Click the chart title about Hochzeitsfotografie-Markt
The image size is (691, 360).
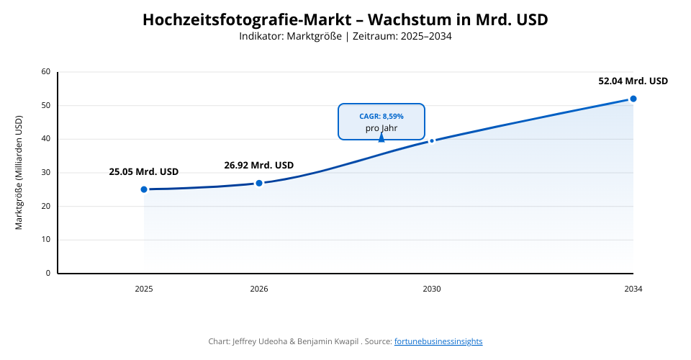pyautogui.click(x=345, y=19)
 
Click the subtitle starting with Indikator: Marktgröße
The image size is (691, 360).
pyautogui.click(x=345, y=36)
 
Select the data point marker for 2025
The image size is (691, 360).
pyautogui.click(x=144, y=189)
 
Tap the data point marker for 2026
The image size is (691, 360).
pyautogui.click(x=259, y=183)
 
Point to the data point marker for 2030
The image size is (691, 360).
pyautogui.click(x=432, y=140)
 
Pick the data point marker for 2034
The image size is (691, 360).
pyautogui.click(x=633, y=99)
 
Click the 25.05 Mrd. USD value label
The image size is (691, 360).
pyautogui.click(x=144, y=172)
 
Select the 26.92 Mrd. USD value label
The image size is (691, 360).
pyautogui.click(x=259, y=165)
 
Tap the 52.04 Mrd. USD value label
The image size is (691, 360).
pyautogui.click(x=633, y=81)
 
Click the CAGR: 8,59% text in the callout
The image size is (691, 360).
pyautogui.click(x=381, y=116)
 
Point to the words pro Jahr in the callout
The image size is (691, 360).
pyautogui.click(x=381, y=128)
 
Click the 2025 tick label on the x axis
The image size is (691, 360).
pyautogui.click(x=144, y=289)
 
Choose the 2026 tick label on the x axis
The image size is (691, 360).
pyautogui.click(x=259, y=289)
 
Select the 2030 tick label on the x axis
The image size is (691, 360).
pyautogui.click(x=432, y=289)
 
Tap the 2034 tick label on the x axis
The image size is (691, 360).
pyautogui.click(x=633, y=289)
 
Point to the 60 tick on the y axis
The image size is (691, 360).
pyautogui.click(x=46, y=72)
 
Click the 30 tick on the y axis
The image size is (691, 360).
pyautogui.click(x=46, y=173)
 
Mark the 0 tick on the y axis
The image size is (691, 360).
pyautogui.click(x=48, y=274)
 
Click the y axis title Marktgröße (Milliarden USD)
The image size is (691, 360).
pyautogui.click(x=19, y=173)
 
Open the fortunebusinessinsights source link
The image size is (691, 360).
pyautogui.click(x=438, y=341)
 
